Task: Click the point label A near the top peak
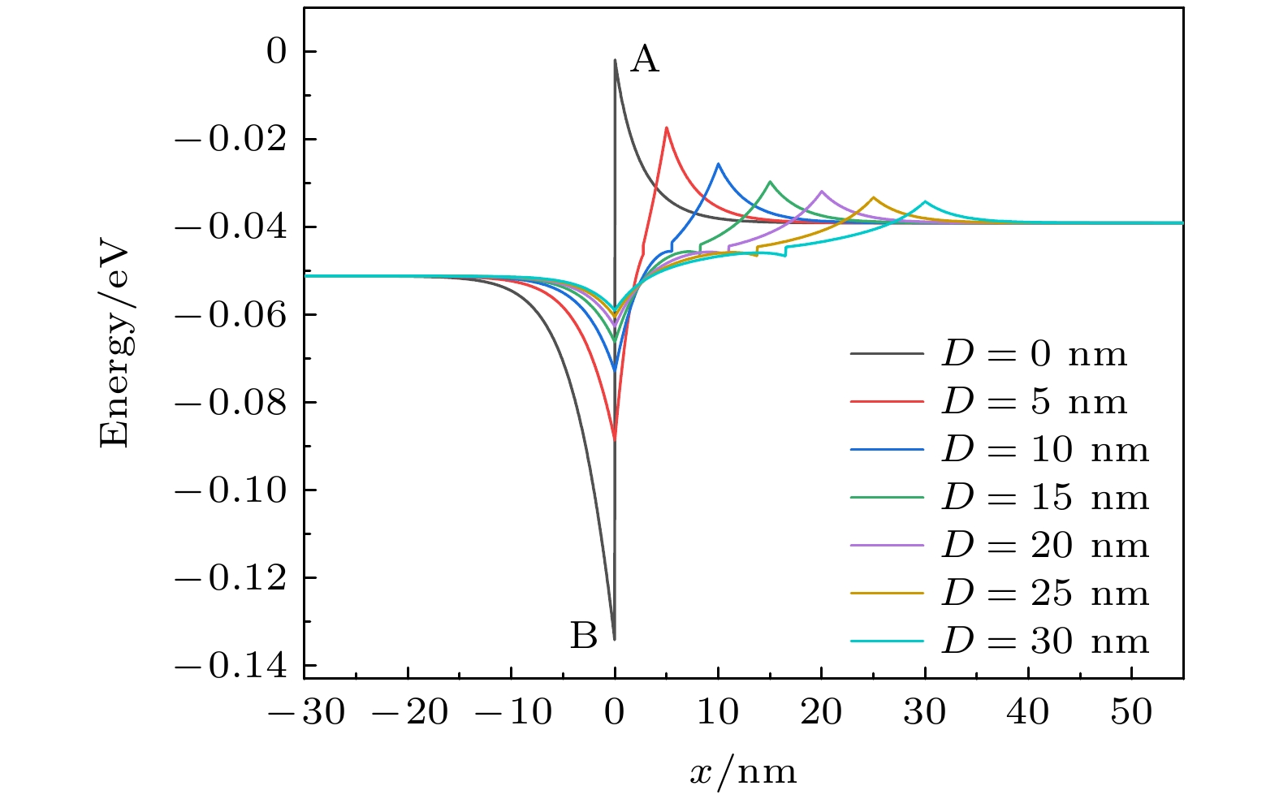click(x=645, y=59)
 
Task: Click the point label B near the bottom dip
click(x=584, y=636)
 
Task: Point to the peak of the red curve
click(x=667, y=127)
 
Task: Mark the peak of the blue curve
click(x=719, y=164)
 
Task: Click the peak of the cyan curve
click(x=925, y=201)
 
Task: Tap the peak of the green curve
click(x=770, y=182)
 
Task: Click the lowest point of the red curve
click(x=615, y=439)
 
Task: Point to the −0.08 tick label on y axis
click(x=231, y=403)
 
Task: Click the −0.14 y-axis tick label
click(x=231, y=667)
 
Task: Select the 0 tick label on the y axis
click(x=277, y=52)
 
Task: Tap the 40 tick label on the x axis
click(x=1028, y=713)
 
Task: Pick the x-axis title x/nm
click(x=743, y=771)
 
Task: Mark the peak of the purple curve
click(x=822, y=191)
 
